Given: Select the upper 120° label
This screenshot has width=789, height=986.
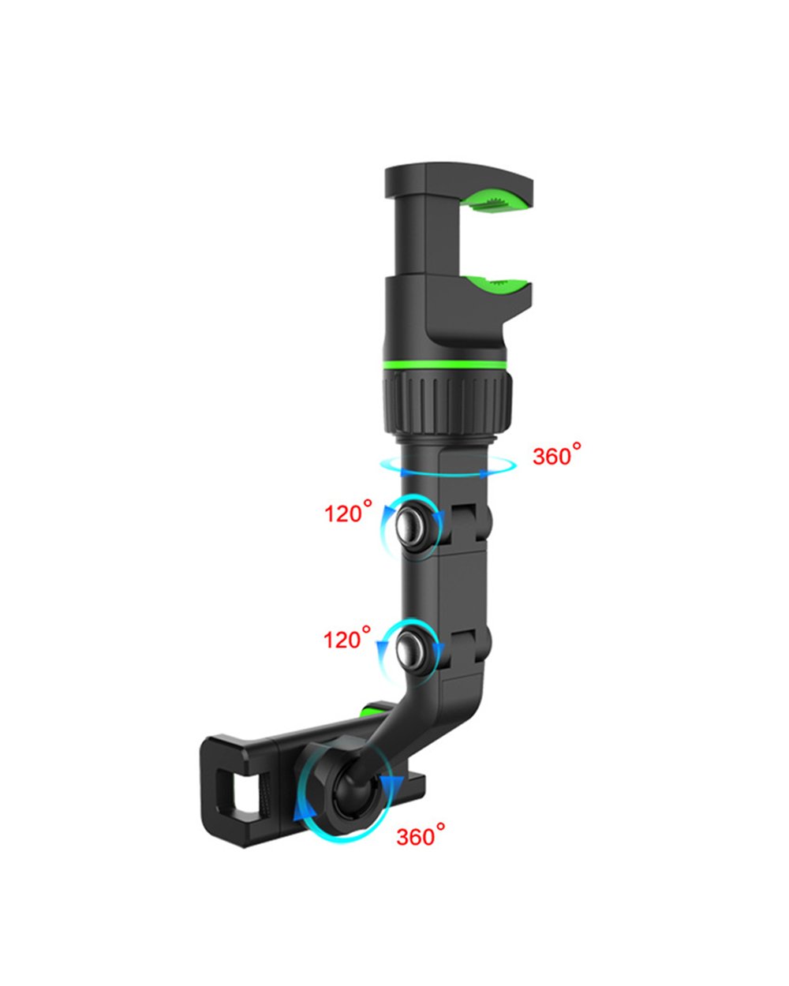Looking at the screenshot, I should coord(347,513).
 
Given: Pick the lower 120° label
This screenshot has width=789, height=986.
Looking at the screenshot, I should coord(347,637).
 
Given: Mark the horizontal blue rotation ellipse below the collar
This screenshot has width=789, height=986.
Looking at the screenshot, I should coord(447,467).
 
